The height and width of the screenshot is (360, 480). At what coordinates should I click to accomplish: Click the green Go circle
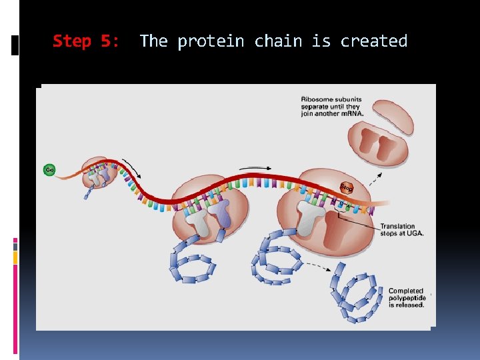(49, 170)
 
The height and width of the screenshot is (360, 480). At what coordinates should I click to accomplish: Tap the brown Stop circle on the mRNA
(347, 187)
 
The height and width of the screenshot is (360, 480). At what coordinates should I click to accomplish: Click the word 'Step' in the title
(71, 41)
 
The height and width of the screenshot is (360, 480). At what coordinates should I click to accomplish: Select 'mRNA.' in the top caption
(351, 113)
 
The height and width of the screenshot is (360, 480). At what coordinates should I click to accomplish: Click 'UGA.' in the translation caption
(413, 233)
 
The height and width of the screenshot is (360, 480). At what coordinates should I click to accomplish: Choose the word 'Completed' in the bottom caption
(405, 291)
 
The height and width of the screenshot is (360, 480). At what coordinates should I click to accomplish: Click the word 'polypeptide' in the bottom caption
(407, 298)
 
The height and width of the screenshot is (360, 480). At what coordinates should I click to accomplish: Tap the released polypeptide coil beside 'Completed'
(357, 293)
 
